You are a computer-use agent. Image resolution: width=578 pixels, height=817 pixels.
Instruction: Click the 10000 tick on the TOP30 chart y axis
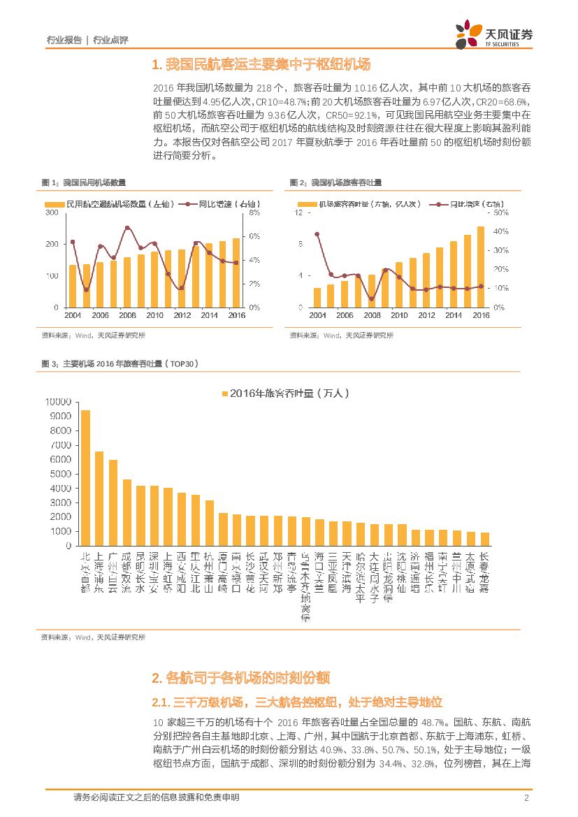click(x=58, y=402)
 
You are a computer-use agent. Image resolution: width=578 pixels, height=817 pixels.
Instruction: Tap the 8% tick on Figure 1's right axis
click(x=254, y=212)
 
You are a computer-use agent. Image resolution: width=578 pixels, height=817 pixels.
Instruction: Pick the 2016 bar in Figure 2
click(x=481, y=266)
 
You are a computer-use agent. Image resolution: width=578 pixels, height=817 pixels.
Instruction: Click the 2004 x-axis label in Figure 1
click(x=73, y=316)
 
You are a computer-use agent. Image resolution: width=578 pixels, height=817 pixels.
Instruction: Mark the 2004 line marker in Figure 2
click(x=317, y=234)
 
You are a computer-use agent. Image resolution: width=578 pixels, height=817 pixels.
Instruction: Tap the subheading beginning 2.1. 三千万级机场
click(x=297, y=701)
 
